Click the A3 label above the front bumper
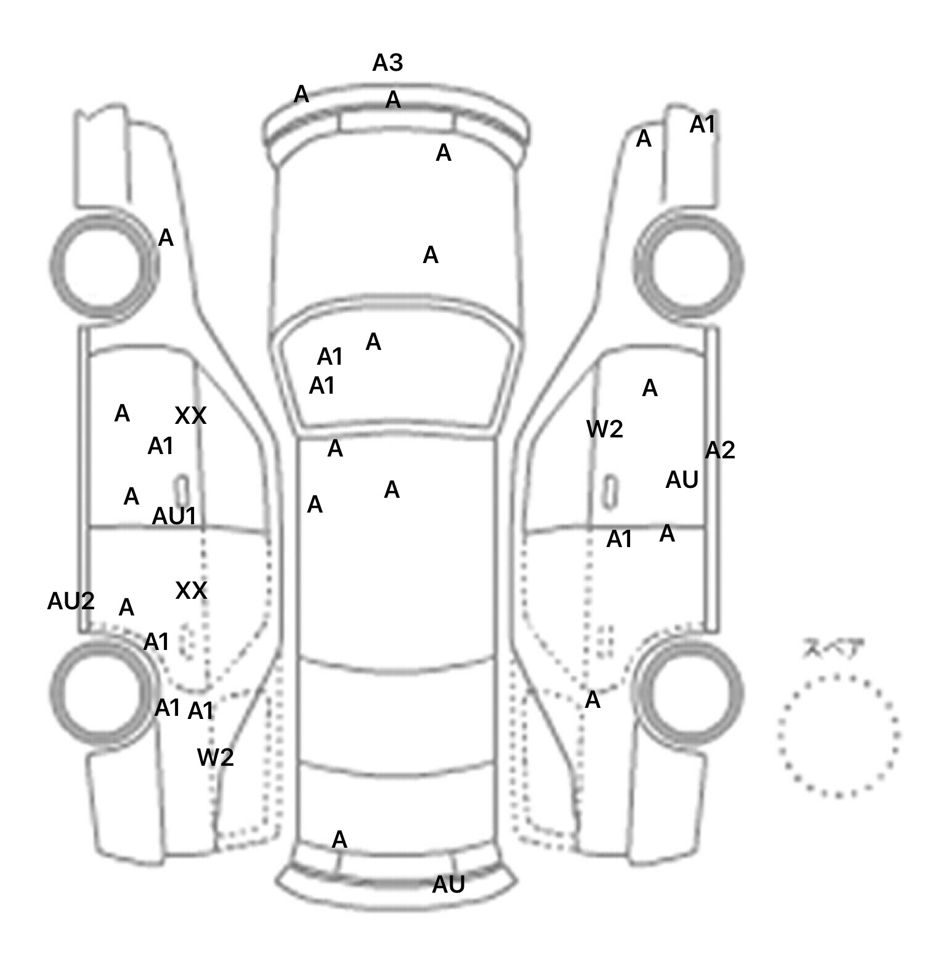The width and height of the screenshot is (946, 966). click(387, 62)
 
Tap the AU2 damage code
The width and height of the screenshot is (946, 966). click(71, 601)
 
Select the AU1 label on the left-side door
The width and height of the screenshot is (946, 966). click(174, 516)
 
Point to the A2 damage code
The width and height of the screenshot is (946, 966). click(720, 450)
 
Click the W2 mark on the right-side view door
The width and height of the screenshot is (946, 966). click(605, 429)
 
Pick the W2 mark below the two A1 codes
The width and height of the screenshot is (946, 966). click(216, 757)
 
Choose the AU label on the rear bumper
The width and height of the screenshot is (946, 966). click(448, 885)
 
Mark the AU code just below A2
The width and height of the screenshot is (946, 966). click(682, 479)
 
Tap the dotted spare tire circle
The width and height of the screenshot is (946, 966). click(838, 736)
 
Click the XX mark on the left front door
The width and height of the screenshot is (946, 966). click(190, 416)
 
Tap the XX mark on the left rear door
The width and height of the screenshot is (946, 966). click(191, 591)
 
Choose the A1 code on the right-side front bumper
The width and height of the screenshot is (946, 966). click(702, 124)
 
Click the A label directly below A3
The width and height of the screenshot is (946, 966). click(393, 99)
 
